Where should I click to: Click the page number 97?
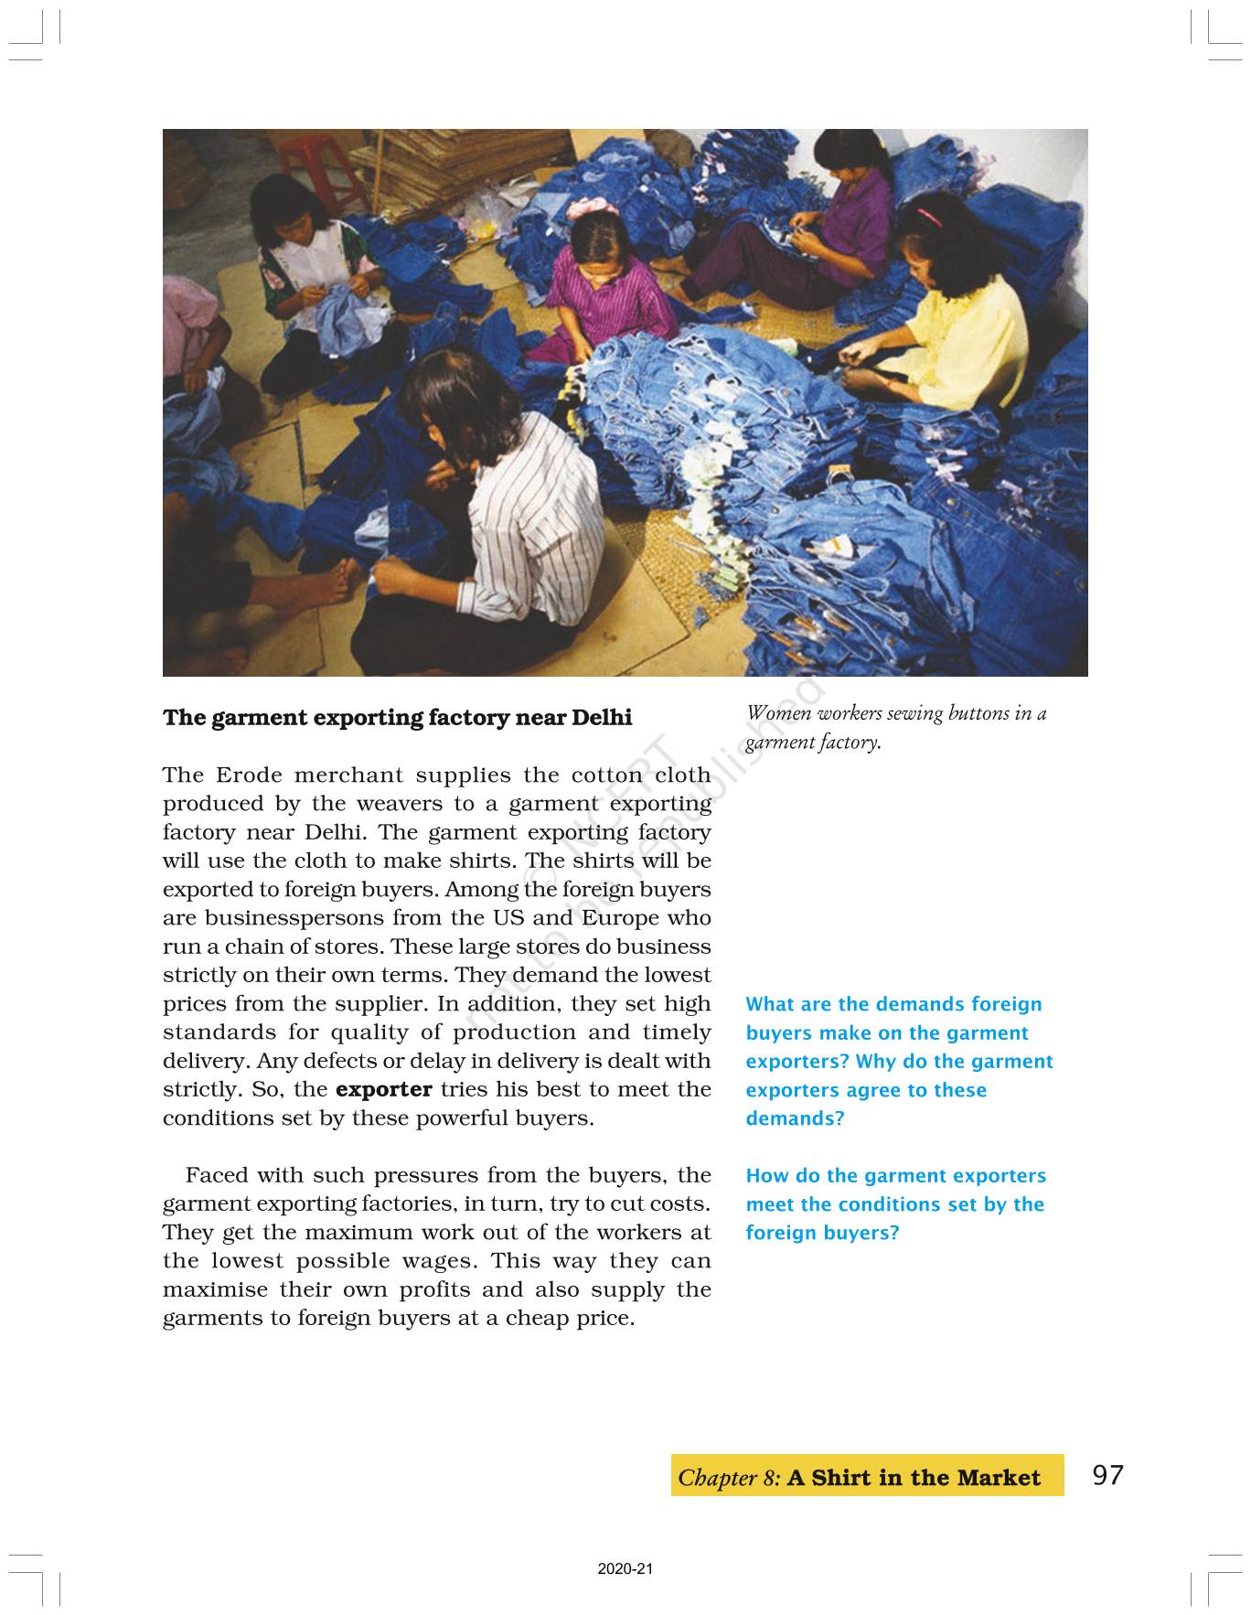(x=1107, y=1475)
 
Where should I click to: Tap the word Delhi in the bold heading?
(x=601, y=718)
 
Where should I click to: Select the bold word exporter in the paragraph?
(x=384, y=1089)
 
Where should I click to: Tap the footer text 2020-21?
(x=625, y=1569)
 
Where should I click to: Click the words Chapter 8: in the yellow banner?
(x=729, y=1478)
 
